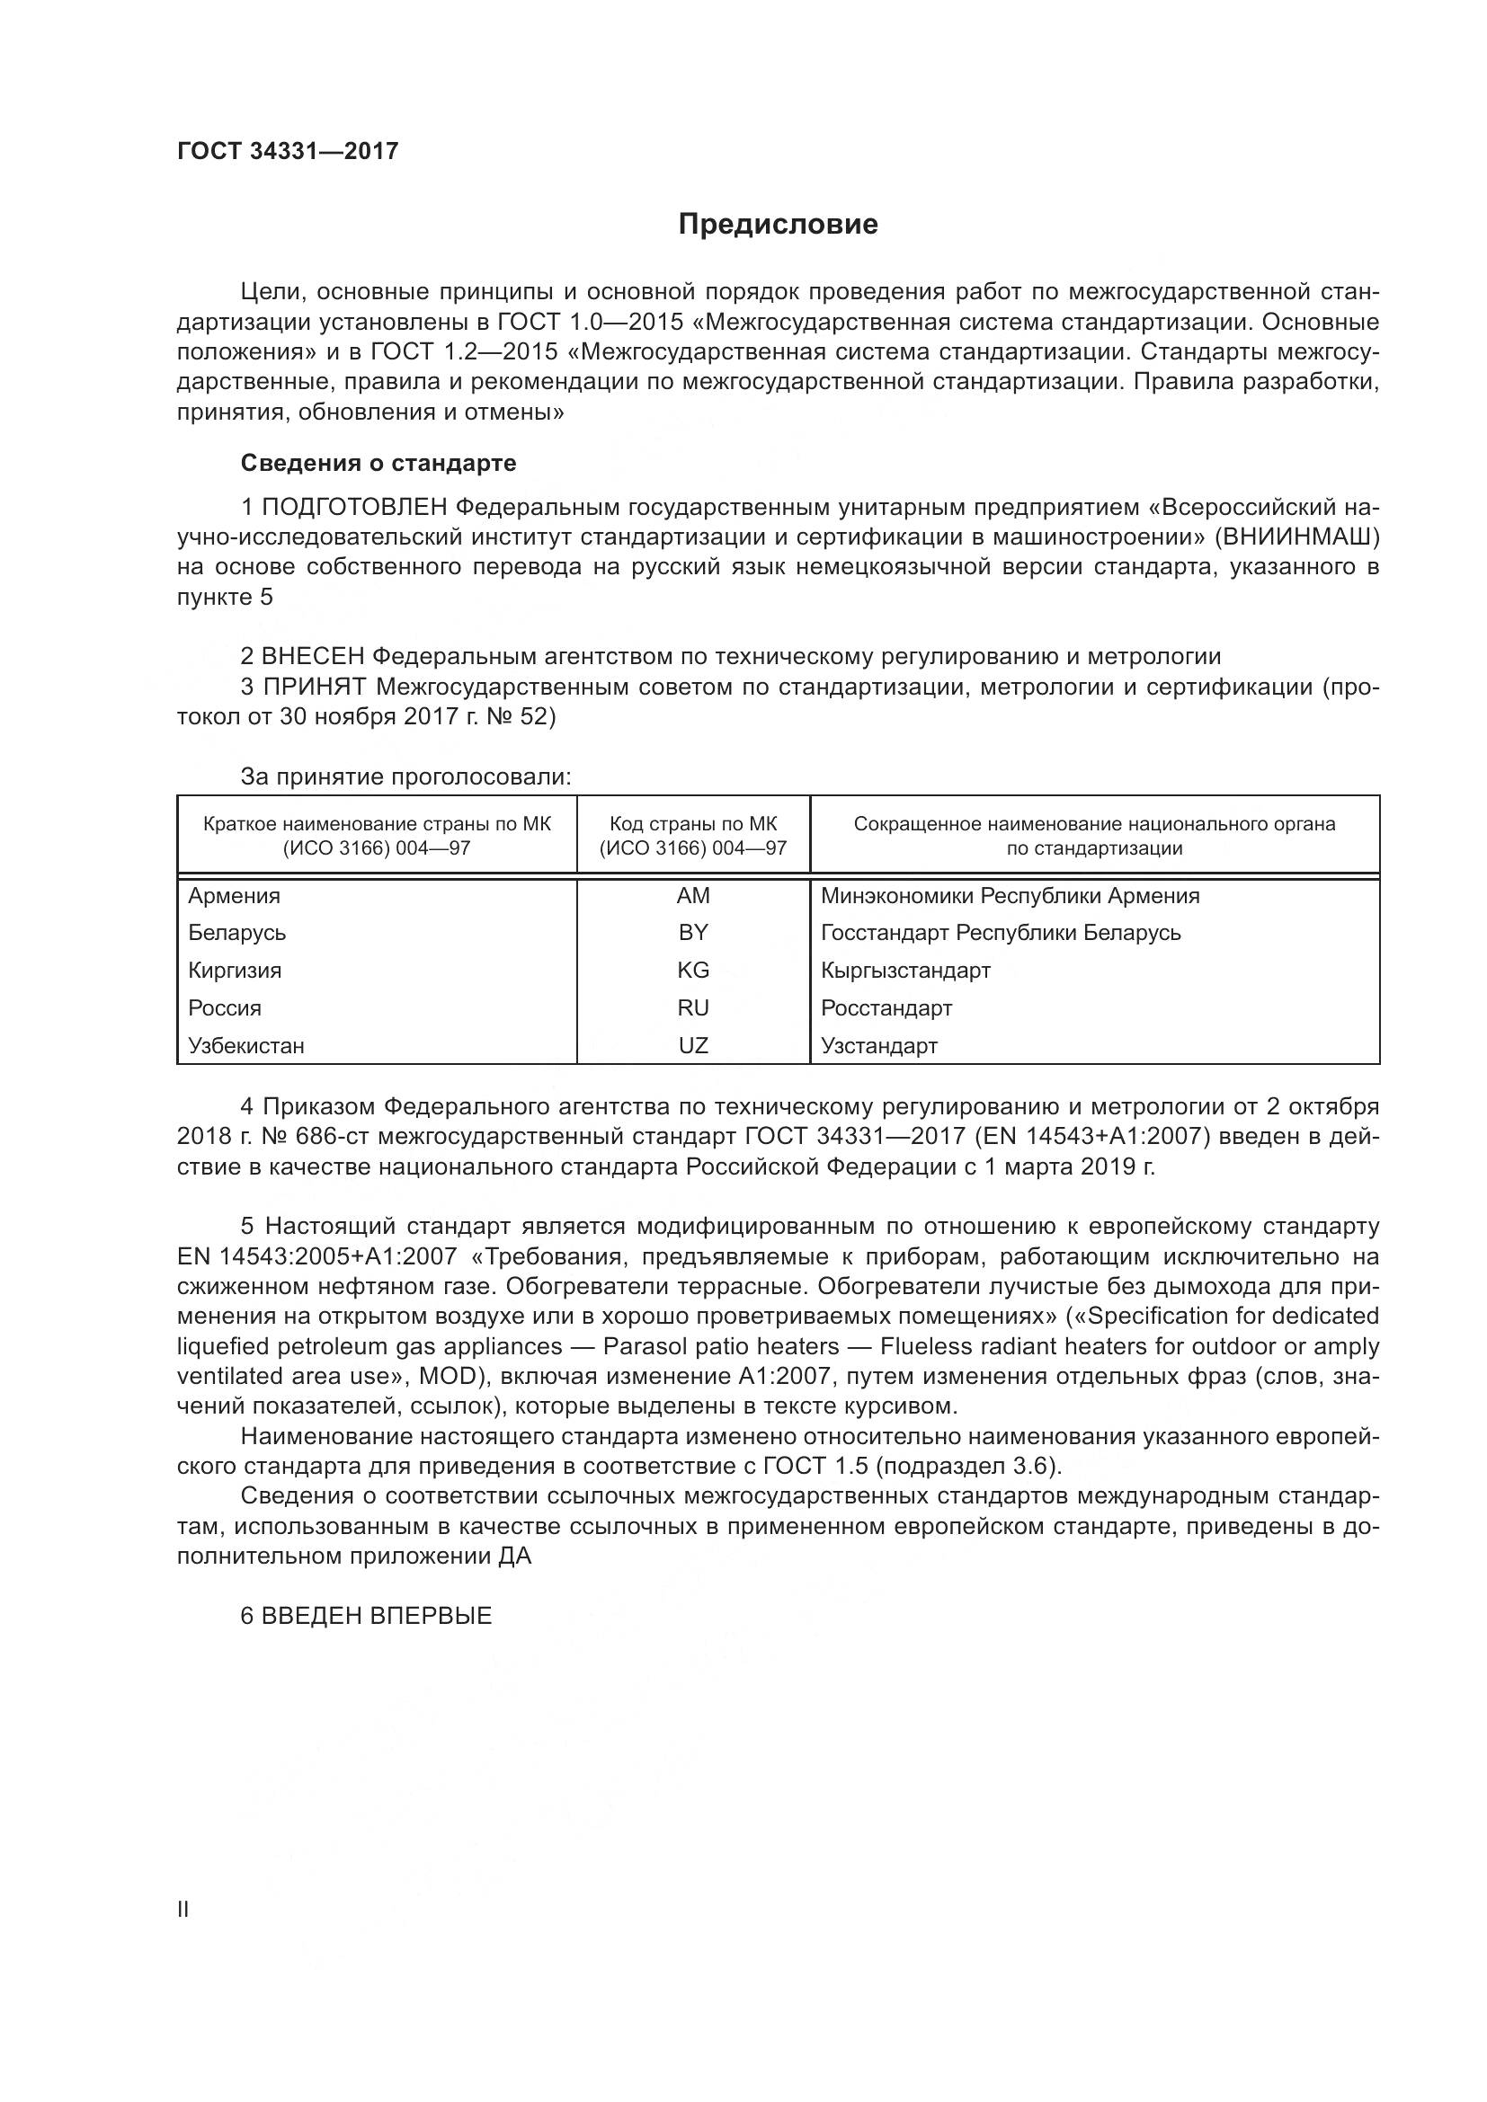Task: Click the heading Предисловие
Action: click(778, 225)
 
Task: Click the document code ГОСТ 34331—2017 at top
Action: click(288, 151)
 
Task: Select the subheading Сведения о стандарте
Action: click(378, 463)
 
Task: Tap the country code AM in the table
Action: click(693, 895)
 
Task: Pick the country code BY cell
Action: click(693, 932)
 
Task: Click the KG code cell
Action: click(693, 970)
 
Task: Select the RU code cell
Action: click(693, 1008)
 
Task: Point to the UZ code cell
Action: click(693, 1045)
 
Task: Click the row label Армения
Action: click(235, 895)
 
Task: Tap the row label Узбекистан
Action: click(246, 1045)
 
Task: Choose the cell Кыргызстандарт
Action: click(905, 970)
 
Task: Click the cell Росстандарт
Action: click(886, 1008)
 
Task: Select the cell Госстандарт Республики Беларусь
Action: click(1001, 932)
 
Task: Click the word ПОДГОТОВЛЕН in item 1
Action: click(354, 507)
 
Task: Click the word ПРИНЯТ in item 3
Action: click(315, 687)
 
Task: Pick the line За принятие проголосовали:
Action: click(405, 776)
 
